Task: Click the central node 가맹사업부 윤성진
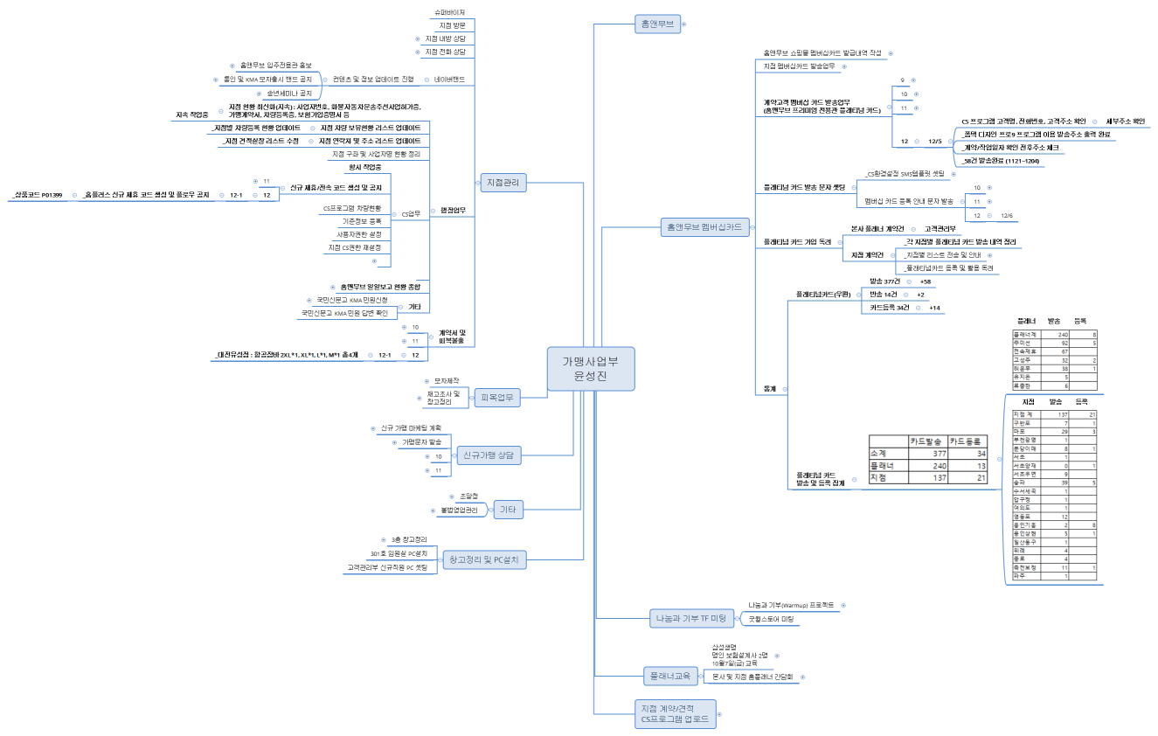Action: (x=591, y=367)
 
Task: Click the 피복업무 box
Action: (x=496, y=398)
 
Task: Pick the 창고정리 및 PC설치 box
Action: (x=484, y=559)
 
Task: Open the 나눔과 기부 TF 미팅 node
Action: (x=690, y=619)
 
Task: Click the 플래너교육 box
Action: (x=670, y=676)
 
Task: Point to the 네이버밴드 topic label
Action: (x=450, y=80)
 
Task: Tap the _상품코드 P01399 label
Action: (x=37, y=195)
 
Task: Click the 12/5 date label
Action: (x=935, y=141)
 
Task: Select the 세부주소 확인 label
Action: (x=1125, y=122)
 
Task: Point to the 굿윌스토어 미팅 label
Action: (x=770, y=619)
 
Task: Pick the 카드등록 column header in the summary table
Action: (x=968, y=441)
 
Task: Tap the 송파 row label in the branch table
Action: (x=1019, y=482)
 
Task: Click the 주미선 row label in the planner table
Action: (x=1024, y=344)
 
